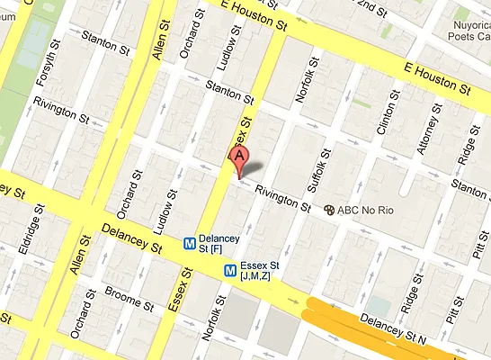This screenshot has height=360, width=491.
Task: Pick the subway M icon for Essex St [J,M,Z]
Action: [231, 268]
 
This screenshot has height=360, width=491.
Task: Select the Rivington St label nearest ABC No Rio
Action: [282, 199]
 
